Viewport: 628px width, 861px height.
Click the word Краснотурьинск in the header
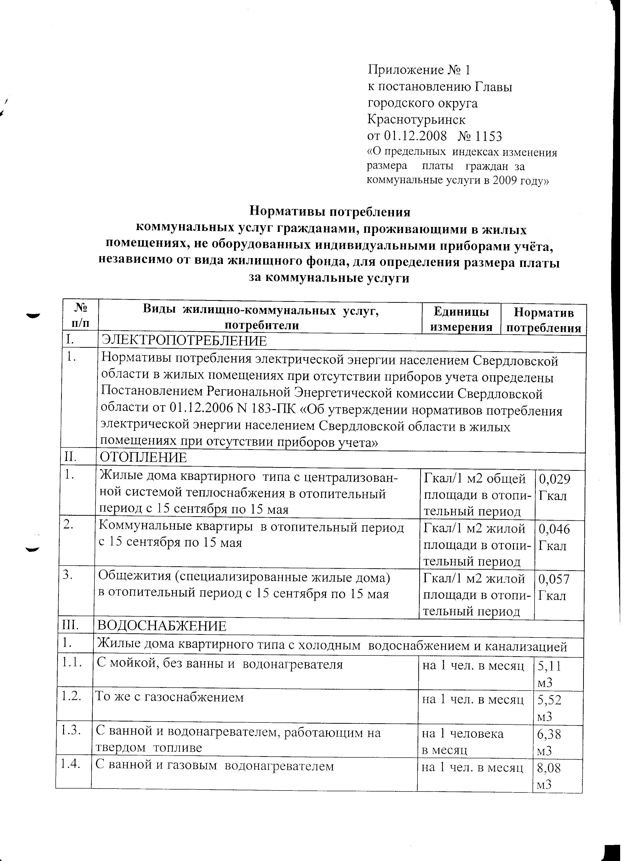click(x=416, y=119)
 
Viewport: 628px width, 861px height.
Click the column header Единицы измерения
click(x=461, y=319)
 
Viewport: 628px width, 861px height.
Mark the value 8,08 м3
click(x=549, y=776)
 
